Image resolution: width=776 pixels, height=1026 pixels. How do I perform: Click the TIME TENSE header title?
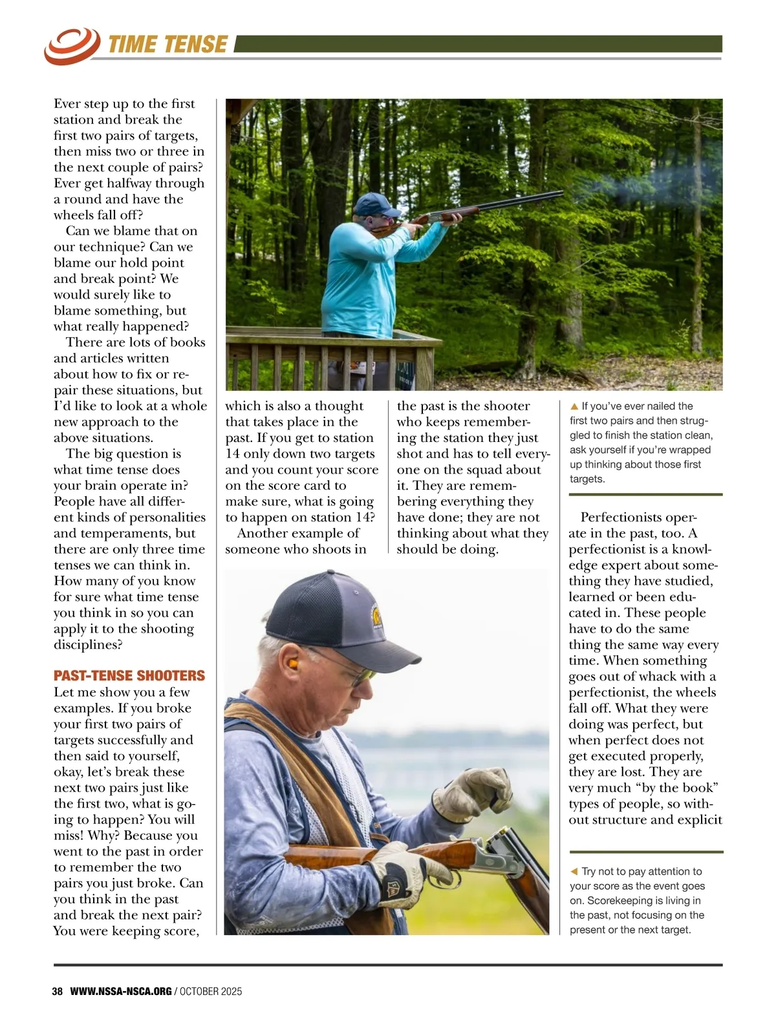click(x=167, y=45)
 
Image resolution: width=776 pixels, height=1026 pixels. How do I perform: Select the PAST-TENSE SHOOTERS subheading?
click(x=129, y=676)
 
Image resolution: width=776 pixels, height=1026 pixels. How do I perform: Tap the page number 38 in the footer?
click(x=58, y=991)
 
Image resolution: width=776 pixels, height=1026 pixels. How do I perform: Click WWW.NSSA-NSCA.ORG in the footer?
click(x=121, y=991)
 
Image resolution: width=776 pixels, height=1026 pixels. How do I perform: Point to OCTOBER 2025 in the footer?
click(x=211, y=991)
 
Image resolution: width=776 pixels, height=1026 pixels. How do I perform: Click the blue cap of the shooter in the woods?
click(x=376, y=204)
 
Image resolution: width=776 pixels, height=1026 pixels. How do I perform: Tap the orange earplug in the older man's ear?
click(x=292, y=664)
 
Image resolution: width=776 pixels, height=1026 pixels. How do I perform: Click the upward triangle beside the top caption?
click(x=574, y=406)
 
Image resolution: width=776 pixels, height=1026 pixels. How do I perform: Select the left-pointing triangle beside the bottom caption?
click(x=574, y=872)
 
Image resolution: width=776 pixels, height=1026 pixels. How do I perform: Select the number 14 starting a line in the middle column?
click(x=232, y=454)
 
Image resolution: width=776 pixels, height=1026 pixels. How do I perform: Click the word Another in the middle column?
click(x=261, y=534)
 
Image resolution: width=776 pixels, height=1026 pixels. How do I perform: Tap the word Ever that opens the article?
click(x=67, y=104)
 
